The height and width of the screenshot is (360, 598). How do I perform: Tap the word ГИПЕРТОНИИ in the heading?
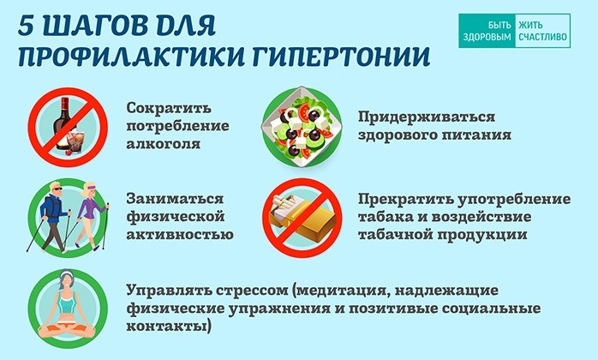coord(341,57)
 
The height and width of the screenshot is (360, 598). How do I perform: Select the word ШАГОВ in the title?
coord(94,27)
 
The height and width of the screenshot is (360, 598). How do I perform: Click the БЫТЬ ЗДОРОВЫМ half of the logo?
coord(487,31)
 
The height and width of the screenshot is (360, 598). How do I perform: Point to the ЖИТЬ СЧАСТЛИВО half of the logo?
coord(542,31)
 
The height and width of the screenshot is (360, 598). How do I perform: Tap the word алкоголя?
coord(164,144)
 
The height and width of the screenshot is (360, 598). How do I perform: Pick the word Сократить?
coord(169,108)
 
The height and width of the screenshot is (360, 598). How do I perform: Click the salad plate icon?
coord(302,126)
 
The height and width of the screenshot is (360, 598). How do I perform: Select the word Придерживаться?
coord(427,117)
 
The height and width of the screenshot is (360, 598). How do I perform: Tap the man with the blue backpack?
coord(51,216)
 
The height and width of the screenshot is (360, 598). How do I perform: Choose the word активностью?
coord(180,234)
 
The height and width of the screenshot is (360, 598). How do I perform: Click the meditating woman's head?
coord(66,280)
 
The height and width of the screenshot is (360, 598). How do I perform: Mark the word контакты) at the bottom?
coord(169,327)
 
